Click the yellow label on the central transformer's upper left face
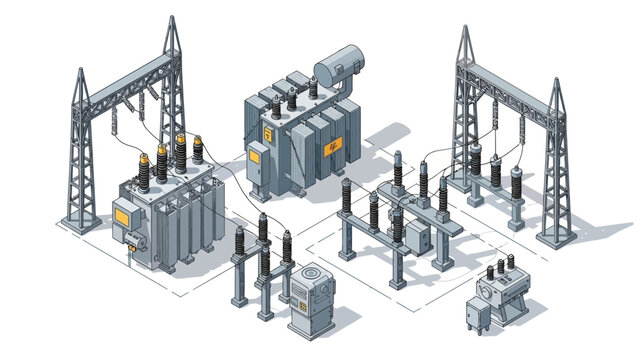(x=268, y=131)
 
